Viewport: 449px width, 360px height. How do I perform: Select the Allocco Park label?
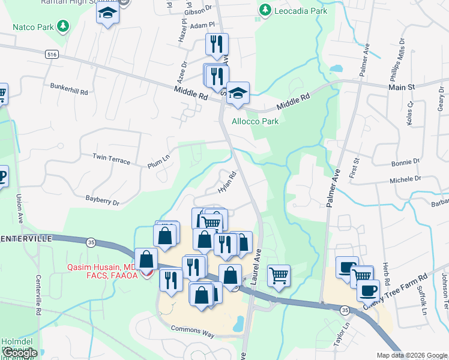click(x=256, y=121)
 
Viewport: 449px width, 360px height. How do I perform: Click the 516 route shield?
click(x=52, y=54)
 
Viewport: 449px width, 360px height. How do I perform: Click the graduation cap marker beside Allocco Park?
click(x=238, y=93)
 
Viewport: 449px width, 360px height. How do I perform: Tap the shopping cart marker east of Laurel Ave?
click(x=278, y=276)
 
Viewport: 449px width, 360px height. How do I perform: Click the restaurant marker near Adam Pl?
click(x=217, y=43)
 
